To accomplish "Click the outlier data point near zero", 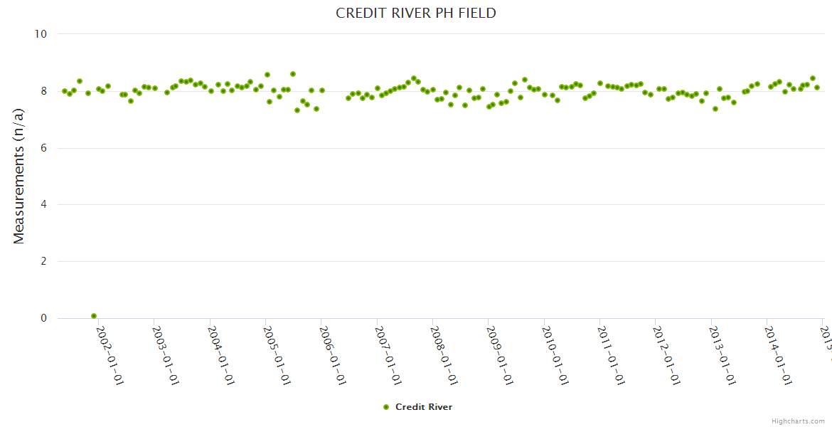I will coord(94,316).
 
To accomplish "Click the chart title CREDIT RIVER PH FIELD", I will coord(416,14).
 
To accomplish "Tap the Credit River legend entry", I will coord(423,407).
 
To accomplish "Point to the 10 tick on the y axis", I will coord(41,34).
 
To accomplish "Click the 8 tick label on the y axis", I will coord(43,91).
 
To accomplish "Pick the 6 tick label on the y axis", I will coord(43,148).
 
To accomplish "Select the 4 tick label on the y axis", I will coord(43,205).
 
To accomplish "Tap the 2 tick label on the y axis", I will coord(43,262).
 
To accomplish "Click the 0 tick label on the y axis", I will coord(43,319).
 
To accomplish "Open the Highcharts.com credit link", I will coord(798,421).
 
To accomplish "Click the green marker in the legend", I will coord(386,407).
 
